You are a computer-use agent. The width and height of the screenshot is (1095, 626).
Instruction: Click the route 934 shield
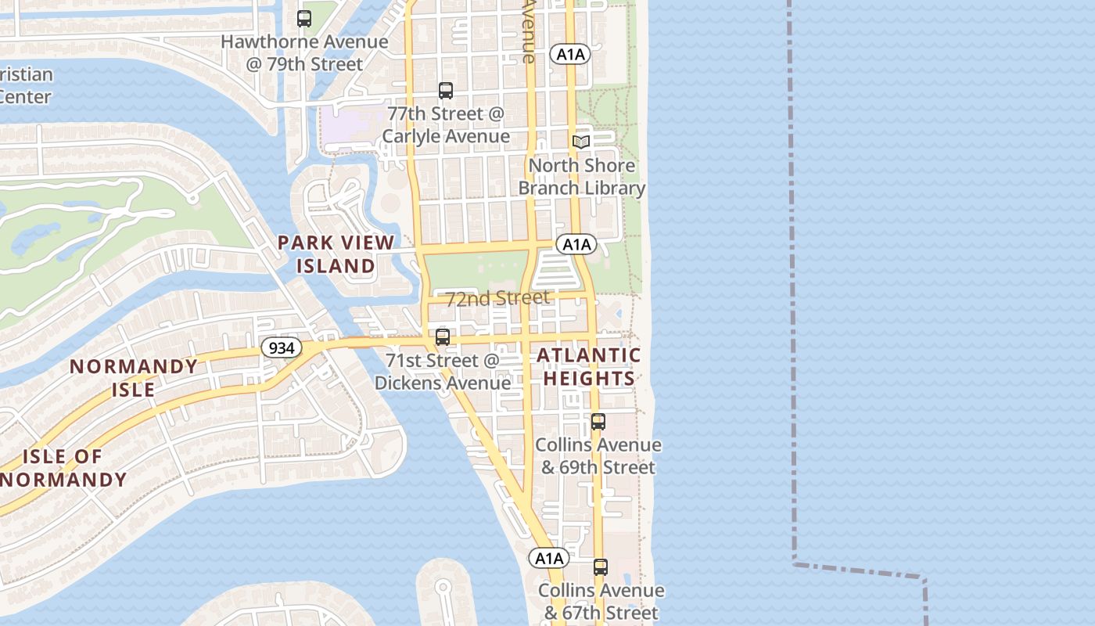pyautogui.click(x=281, y=347)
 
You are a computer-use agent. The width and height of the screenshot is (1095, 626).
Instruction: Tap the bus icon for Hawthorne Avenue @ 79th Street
pyautogui.click(x=304, y=18)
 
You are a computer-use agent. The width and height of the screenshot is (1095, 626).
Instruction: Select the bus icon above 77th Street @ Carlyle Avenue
pyautogui.click(x=446, y=91)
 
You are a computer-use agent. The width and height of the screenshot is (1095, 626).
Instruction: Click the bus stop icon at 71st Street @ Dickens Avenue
pyautogui.click(x=443, y=337)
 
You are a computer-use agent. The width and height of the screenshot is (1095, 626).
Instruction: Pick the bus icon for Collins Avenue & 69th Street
pyautogui.click(x=598, y=422)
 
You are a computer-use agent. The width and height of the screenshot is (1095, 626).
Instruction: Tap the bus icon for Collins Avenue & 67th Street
pyautogui.click(x=601, y=567)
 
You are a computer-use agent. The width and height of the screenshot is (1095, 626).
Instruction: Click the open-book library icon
pyautogui.click(x=580, y=142)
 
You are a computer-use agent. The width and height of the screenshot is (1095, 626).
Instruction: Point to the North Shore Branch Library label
pyautogui.click(x=582, y=177)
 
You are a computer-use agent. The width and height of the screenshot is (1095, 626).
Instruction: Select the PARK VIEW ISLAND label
pyautogui.click(x=336, y=254)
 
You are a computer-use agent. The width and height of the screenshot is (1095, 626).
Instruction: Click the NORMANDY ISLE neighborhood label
pyautogui.click(x=134, y=378)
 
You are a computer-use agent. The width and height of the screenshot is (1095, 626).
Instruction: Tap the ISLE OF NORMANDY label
pyautogui.click(x=63, y=468)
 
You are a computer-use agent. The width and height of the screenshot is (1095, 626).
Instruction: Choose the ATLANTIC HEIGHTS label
pyautogui.click(x=589, y=366)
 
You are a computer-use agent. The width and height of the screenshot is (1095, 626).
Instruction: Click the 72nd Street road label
pyautogui.click(x=497, y=298)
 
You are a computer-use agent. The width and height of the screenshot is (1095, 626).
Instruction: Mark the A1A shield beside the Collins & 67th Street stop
pyautogui.click(x=548, y=558)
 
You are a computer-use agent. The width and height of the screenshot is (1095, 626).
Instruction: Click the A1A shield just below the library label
pyautogui.click(x=576, y=244)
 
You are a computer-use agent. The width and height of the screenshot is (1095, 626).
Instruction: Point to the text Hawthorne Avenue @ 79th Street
pyautogui.click(x=304, y=52)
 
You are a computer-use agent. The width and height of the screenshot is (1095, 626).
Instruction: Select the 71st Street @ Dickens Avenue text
pyautogui.click(x=443, y=372)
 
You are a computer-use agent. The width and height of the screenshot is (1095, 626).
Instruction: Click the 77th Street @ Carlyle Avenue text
pyautogui.click(x=446, y=124)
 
